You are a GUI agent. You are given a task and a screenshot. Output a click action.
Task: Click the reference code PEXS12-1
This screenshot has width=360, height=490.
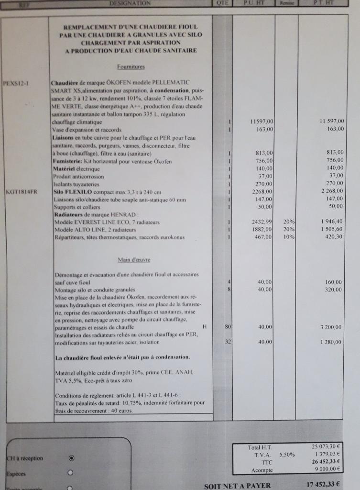coord(16,82)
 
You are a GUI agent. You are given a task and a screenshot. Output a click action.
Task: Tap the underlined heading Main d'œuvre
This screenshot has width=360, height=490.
coord(134,260)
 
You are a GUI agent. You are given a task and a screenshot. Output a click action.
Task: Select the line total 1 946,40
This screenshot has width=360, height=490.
coord(330,222)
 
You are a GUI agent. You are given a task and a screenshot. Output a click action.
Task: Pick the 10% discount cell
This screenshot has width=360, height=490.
coord(289,237)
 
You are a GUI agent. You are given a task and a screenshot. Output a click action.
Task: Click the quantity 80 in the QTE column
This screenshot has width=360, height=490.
coord(228,327)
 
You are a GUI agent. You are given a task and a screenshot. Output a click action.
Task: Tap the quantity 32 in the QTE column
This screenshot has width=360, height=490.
coord(228,342)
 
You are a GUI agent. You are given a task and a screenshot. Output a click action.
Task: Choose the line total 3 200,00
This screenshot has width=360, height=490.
coord(330,327)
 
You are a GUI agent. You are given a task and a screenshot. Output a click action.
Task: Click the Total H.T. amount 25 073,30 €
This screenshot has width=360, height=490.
coord(327,447)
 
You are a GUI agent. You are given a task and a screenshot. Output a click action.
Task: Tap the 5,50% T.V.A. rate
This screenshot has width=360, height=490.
coord(285,455)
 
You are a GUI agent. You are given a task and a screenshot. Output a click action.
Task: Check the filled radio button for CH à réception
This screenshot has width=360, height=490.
coord(71,458)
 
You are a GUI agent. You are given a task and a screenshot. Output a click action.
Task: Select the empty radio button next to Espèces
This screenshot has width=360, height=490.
coord(71,473)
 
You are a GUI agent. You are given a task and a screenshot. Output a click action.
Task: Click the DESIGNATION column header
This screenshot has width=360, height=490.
coord(130,3)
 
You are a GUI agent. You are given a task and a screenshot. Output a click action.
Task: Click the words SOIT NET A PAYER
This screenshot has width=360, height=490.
coord(237,486)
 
